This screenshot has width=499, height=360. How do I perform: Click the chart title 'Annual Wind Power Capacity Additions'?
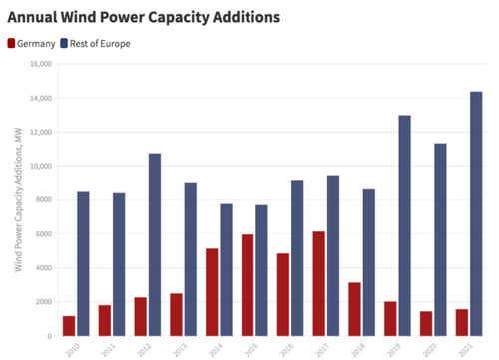pos(144,17)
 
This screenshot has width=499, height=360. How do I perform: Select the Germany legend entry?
pos(35,43)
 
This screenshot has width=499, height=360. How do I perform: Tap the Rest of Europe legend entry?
pos(100,43)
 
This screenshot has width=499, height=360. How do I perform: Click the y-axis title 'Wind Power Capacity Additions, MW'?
pos(17,199)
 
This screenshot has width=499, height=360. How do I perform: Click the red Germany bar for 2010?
pos(69,326)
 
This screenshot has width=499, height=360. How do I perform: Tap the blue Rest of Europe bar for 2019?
pos(405,225)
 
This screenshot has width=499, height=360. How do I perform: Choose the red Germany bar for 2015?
pos(248,285)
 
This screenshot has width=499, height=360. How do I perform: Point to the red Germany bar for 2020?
pos(425,323)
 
